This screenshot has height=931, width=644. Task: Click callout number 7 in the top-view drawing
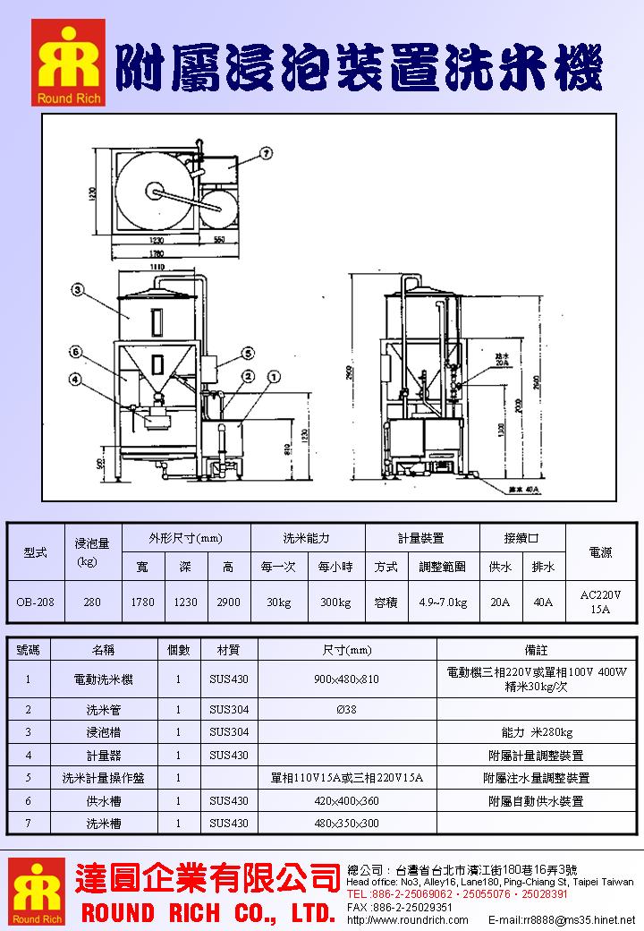tap(267, 153)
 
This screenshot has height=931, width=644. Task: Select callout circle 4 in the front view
tap(76, 379)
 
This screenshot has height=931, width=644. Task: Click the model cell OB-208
tap(36, 602)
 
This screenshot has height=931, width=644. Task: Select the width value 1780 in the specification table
tap(143, 602)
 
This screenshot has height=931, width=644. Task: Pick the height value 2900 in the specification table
tap(229, 602)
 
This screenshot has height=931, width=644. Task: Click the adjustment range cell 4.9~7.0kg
tap(443, 602)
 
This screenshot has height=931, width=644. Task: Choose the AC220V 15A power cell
tap(600, 602)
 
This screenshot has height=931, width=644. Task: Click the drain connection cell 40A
tap(543, 602)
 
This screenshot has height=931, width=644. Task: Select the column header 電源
tap(600, 553)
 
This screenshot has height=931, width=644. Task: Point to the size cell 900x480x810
tap(347, 679)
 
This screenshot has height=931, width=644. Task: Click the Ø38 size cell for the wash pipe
tap(347, 710)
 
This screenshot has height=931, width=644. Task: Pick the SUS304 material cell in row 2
tap(229, 710)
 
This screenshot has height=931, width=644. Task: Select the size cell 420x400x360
tap(347, 801)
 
